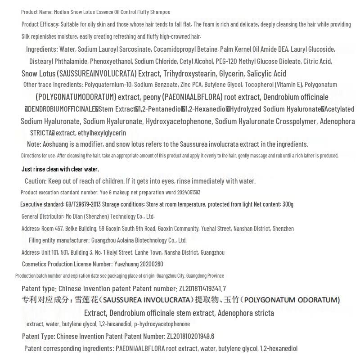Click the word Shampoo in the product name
160,12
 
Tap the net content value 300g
288,204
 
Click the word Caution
35,181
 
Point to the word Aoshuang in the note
57,144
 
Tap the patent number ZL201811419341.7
202,288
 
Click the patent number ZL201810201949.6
190,336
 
